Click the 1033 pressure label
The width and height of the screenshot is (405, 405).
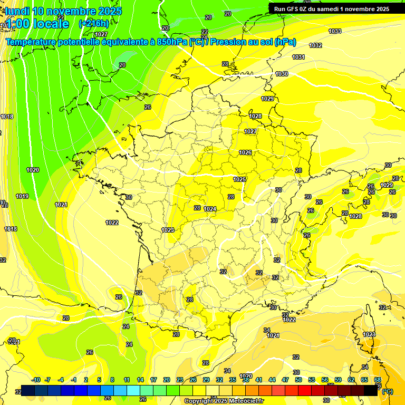point(335,32)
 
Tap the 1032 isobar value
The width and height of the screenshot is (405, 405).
point(316,46)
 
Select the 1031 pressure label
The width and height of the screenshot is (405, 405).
point(298,57)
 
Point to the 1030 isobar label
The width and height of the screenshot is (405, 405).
point(282,74)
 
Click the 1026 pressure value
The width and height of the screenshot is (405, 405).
point(245,152)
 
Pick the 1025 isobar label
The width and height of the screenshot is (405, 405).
point(240,180)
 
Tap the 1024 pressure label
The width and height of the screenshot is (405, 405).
point(210,209)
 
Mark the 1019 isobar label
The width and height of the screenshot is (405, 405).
point(22,196)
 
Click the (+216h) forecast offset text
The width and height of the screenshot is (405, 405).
point(93,23)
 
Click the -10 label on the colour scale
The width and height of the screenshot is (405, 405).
point(36,380)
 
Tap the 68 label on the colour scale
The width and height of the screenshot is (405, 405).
point(378,380)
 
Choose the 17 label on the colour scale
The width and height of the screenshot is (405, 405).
point(153,380)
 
